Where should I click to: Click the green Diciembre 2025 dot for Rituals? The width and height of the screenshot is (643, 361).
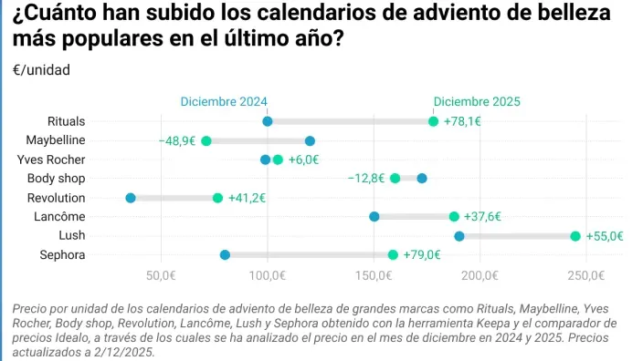click(433, 121)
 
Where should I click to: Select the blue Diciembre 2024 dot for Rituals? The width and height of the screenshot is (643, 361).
click(268, 121)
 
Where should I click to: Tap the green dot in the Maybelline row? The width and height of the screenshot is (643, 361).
click(206, 140)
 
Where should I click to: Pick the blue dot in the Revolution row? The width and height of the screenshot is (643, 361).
click(131, 198)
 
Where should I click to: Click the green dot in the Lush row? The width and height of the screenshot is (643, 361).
click(575, 236)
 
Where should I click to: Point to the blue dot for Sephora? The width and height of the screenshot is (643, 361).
click(226, 255)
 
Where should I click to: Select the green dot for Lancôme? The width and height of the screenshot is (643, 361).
click(454, 217)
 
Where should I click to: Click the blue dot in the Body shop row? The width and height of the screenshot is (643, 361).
click(422, 179)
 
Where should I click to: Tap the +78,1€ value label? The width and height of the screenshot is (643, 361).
click(462, 121)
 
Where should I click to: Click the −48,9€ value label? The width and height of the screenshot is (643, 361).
click(176, 140)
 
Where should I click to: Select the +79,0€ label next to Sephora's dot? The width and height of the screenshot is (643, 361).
click(422, 255)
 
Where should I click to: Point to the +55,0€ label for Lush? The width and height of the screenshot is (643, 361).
click(605, 236)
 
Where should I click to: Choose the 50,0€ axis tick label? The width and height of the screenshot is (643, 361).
click(161, 274)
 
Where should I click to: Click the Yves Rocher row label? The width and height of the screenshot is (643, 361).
click(57, 160)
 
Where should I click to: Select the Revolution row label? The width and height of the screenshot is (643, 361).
click(57, 198)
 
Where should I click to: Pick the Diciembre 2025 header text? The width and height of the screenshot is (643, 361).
click(477, 101)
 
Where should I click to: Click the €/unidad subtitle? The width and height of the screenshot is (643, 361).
click(41, 70)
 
